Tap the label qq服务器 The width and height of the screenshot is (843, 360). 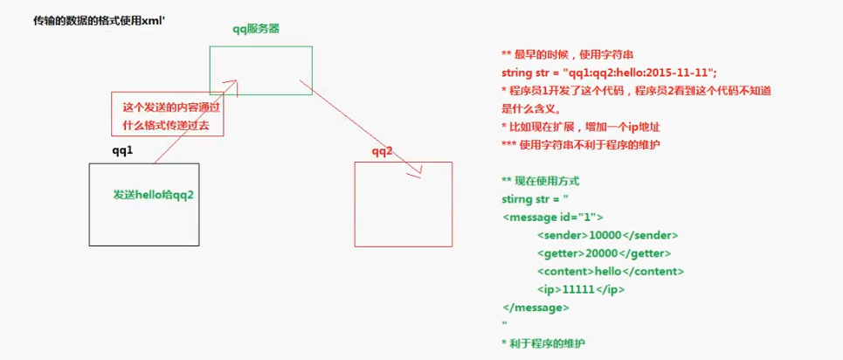coord(256,29)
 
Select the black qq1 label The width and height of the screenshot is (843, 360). coord(122,150)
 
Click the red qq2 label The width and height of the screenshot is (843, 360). coord(382,152)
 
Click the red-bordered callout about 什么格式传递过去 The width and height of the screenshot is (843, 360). coord(166,114)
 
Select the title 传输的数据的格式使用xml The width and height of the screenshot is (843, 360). coord(86,17)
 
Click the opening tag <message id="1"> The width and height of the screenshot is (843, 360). coord(552,217)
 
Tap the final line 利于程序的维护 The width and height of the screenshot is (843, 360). coord(549,343)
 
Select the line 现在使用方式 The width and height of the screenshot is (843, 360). coord(541,181)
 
